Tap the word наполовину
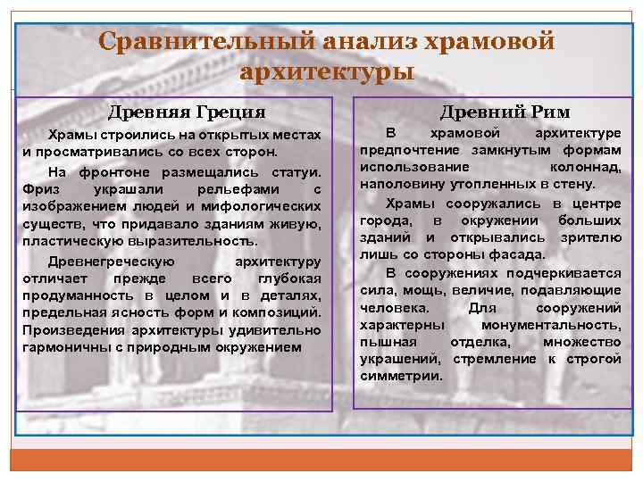(x=399, y=184)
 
